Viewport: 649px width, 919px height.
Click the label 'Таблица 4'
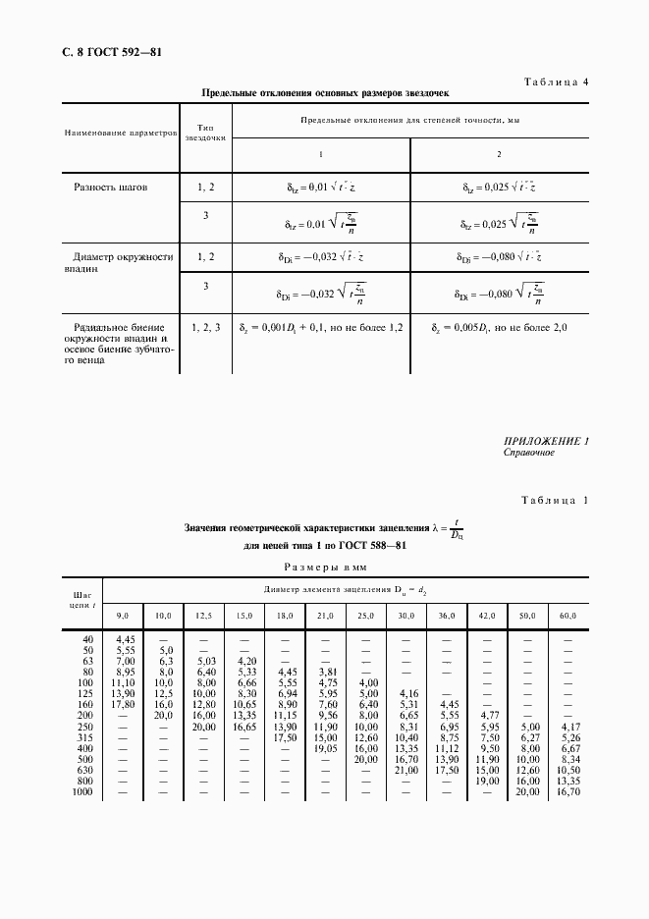(x=553, y=81)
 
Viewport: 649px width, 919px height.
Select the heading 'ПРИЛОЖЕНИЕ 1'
(x=545, y=441)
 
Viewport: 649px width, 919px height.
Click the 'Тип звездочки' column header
(x=205, y=133)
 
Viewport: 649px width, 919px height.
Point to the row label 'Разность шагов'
(x=111, y=187)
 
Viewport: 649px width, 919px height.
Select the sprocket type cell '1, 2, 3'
(x=205, y=326)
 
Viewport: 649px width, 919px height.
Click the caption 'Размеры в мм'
(x=324, y=567)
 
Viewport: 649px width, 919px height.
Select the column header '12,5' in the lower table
(x=204, y=615)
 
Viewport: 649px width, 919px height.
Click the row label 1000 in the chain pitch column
(x=81, y=791)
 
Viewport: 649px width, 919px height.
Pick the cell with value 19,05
(x=325, y=748)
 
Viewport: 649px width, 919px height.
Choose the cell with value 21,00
(x=406, y=770)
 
